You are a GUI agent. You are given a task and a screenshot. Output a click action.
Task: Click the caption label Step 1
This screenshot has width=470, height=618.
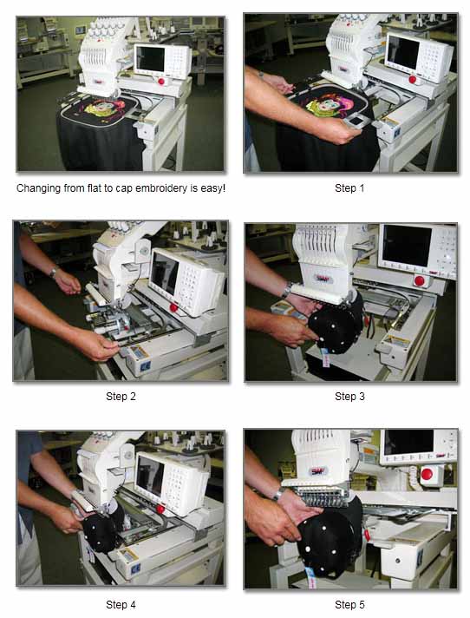coord(349,188)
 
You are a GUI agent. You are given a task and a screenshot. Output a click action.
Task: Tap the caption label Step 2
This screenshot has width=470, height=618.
coord(121,396)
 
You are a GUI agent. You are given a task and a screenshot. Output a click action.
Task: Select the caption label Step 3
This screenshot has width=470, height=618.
coord(349,396)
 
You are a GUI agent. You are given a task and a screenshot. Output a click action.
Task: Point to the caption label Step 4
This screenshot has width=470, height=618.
coord(121,604)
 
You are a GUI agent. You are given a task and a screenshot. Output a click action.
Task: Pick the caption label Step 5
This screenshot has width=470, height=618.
coord(349,604)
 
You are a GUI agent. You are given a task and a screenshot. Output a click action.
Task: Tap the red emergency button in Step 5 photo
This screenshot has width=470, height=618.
coord(427,474)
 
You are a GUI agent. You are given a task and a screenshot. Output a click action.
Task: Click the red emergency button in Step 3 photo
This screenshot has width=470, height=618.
coord(419,280)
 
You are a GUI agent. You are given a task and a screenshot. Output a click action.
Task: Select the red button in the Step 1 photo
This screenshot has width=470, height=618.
coord(412,79)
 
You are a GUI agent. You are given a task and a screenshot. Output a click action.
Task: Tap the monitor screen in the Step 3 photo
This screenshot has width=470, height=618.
coord(407,246)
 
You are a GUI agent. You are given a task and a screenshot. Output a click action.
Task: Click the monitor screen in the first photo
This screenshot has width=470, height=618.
coord(150,59)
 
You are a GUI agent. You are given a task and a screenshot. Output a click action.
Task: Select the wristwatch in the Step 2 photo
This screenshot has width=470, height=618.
coord(53,272)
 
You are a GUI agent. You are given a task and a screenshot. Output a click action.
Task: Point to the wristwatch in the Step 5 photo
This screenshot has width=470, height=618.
coord(279,493)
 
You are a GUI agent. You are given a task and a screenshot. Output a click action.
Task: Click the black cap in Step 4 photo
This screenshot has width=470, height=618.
coord(101,530)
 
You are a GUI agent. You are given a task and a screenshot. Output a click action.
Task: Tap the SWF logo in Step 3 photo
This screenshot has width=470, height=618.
coord(323,279)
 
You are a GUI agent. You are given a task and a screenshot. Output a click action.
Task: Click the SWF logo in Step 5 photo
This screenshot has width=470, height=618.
coord(317,470)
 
